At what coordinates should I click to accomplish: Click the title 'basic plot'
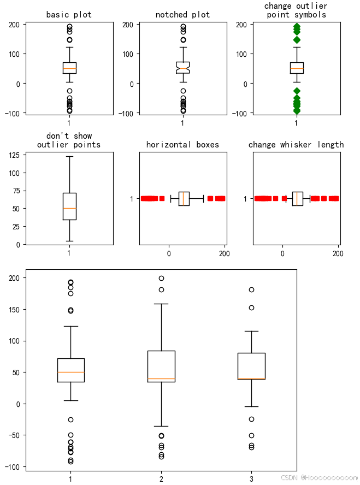(69, 15)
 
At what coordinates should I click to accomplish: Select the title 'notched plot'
(182, 15)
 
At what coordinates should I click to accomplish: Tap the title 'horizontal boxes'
(182, 145)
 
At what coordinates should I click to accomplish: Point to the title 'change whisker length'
(296, 145)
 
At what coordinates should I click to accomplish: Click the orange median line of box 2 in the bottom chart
(161, 378)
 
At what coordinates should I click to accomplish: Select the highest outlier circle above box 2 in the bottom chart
(161, 278)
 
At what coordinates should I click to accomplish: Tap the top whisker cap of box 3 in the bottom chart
(251, 331)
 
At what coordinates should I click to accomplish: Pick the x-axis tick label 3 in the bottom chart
(251, 479)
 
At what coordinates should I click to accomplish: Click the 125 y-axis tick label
(16, 155)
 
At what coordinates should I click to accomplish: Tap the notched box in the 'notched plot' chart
(182, 67)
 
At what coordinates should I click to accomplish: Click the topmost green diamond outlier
(296, 26)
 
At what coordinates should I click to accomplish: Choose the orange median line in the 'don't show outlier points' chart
(69, 208)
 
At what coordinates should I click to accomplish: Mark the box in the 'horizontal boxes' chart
(184, 199)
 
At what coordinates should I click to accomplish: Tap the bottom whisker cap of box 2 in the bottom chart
(161, 426)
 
